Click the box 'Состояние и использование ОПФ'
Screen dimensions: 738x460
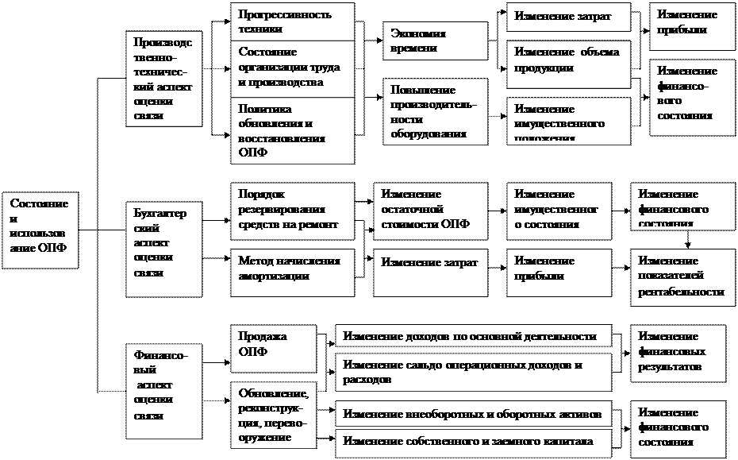coord(40,229)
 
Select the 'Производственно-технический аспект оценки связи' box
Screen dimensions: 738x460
coord(163,78)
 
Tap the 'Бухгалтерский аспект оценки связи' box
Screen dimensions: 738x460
coord(163,249)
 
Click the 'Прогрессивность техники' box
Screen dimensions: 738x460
coord(293,21)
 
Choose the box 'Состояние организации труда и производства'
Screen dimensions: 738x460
coord(293,68)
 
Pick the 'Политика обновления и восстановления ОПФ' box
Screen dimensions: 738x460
coord(293,130)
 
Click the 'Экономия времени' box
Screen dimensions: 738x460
coord(435,41)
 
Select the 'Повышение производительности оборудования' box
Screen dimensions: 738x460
coord(435,111)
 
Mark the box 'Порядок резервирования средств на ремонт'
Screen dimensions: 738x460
coord(293,210)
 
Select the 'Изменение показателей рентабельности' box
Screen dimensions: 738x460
coord(682,276)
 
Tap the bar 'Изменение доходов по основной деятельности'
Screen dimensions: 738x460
coord(474,335)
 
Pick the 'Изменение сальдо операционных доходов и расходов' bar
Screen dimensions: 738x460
coord(474,372)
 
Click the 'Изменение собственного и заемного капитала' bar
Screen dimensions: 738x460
coord(474,443)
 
